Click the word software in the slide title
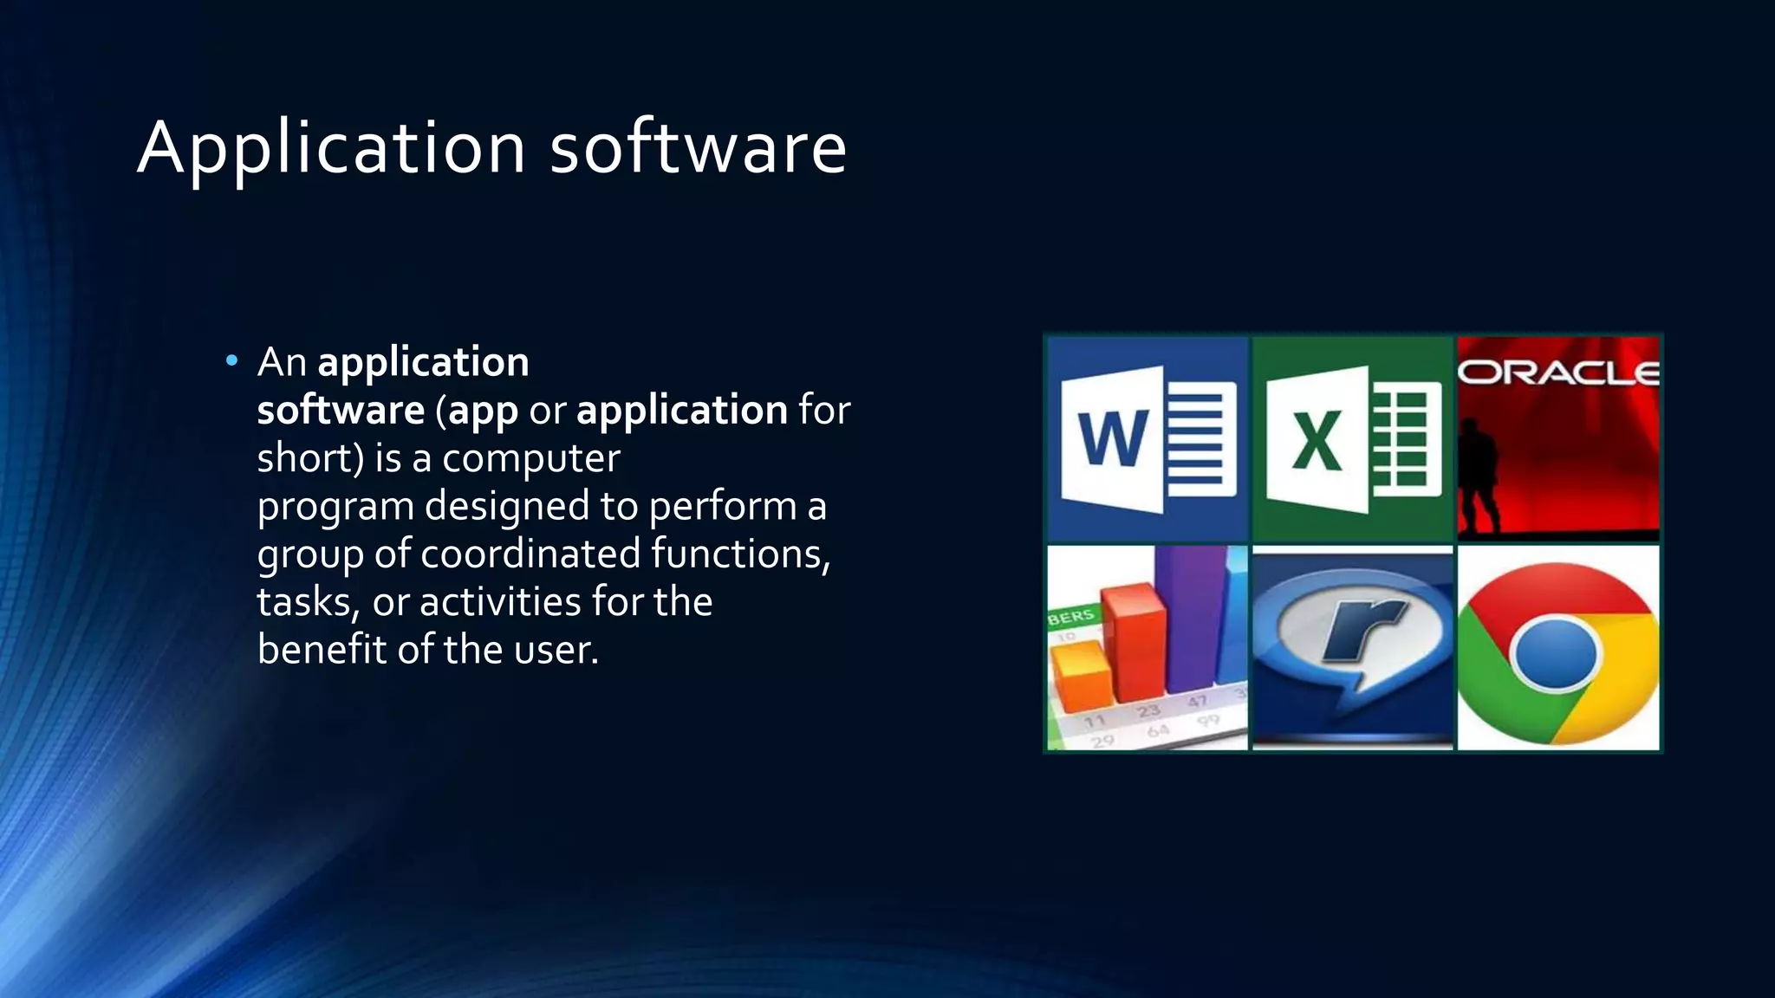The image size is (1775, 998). coord(698,147)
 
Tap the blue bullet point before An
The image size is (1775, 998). coord(231,360)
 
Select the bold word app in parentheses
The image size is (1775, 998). coord(483,411)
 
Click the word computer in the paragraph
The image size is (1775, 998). coord(530,458)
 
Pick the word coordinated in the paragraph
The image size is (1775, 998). coord(530,554)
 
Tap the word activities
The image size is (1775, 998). coord(500,601)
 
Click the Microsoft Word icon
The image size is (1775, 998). coord(1148,439)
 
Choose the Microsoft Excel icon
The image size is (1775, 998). coord(1352,439)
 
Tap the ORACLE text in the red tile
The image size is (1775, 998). coord(1558,373)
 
